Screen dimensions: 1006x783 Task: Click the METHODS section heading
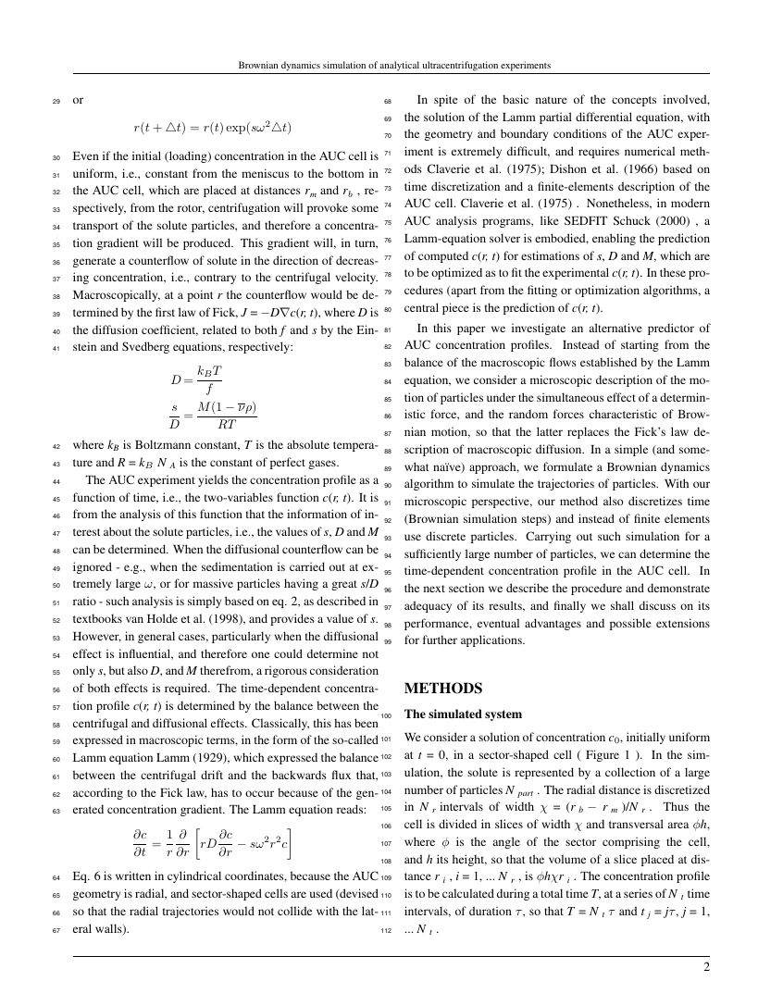click(444, 689)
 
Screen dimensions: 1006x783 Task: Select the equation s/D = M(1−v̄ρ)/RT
click(210, 416)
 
